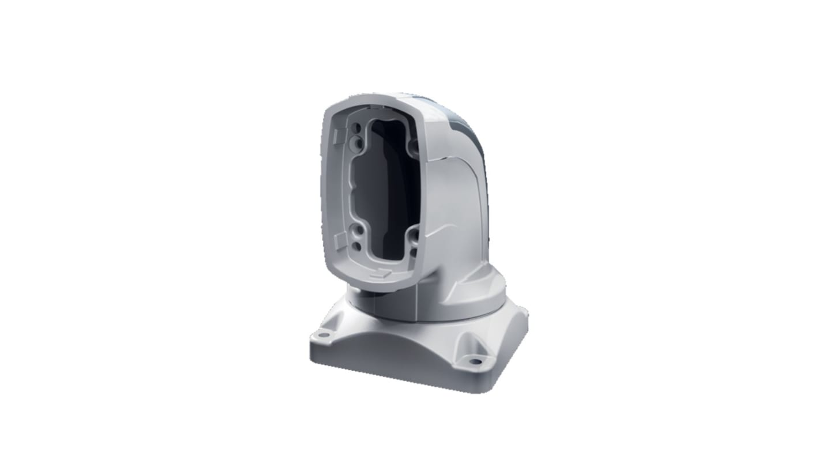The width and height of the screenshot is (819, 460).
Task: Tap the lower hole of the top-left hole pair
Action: coord(359,140)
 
